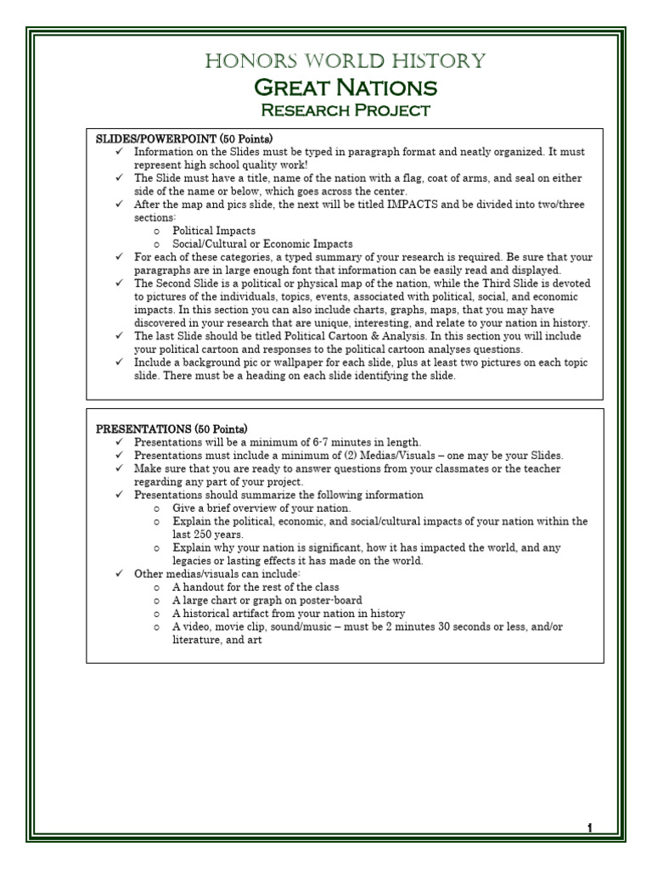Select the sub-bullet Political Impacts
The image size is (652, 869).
[214, 231]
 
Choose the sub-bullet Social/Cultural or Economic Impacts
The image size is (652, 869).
[251, 244]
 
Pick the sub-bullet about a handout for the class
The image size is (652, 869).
[256, 587]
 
